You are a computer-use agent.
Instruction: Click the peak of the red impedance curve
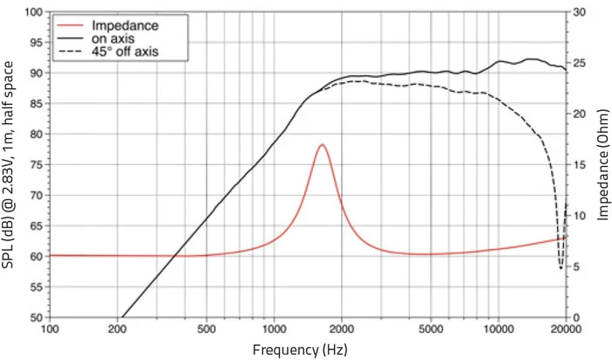coord(322,144)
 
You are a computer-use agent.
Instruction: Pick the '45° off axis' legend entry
coord(125,52)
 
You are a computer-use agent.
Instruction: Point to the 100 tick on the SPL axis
coord(36,12)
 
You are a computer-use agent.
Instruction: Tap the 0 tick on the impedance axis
coord(574,317)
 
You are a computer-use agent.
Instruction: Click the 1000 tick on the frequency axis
coord(275,329)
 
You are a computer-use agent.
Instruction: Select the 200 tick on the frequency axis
coord(117,329)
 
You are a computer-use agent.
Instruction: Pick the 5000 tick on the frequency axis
coord(431,329)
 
